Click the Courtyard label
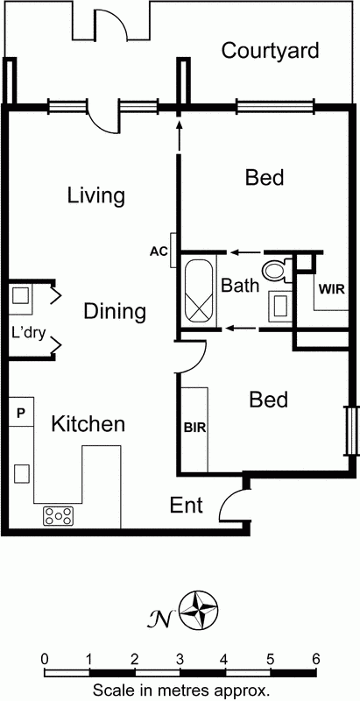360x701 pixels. [x=270, y=51]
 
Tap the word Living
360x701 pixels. [x=95, y=195]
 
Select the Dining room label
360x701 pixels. [x=115, y=311]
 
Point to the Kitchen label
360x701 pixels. [x=88, y=425]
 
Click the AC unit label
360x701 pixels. [x=158, y=252]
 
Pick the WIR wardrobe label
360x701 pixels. [x=330, y=288]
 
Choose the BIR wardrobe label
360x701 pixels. [x=194, y=428]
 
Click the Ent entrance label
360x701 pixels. [x=186, y=506]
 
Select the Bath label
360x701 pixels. [x=239, y=286]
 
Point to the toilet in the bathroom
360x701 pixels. [x=276, y=269]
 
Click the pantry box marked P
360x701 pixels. [x=21, y=411]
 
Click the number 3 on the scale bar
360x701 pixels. [x=180, y=659]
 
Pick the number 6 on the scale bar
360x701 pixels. [x=315, y=659]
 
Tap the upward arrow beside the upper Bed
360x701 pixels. [x=179, y=137]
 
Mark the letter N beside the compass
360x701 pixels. [x=163, y=618]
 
